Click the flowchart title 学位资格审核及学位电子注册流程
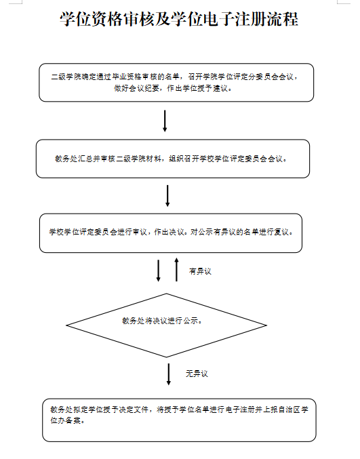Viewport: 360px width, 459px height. (x=179, y=19)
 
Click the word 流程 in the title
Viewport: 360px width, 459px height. (x=283, y=19)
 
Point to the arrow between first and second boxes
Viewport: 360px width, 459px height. (x=165, y=121)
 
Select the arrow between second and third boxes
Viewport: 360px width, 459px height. (x=167, y=196)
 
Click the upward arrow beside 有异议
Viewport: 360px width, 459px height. (x=176, y=270)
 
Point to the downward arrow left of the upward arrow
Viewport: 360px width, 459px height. (x=159, y=271)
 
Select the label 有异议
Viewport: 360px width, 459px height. (x=200, y=271)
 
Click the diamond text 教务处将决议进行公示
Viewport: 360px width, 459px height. (x=161, y=321)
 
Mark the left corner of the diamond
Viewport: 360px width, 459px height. (x=66, y=325)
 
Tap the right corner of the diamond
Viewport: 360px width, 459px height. (x=266, y=325)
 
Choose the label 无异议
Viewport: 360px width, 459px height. (x=197, y=374)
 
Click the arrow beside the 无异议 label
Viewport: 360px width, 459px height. (x=169, y=374)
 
